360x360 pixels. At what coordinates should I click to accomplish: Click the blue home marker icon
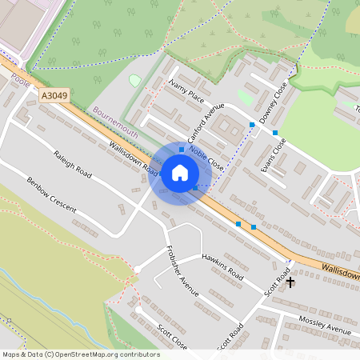(180, 173)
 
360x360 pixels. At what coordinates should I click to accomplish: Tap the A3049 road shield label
(53, 94)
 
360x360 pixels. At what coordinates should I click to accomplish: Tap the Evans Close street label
(273, 155)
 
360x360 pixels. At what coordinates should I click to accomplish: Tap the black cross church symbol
(290, 282)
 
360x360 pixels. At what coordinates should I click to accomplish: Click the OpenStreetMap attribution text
(80, 354)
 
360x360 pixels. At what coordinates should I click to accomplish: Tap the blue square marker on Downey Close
(275, 132)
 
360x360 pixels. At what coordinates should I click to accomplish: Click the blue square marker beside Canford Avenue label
(182, 149)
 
